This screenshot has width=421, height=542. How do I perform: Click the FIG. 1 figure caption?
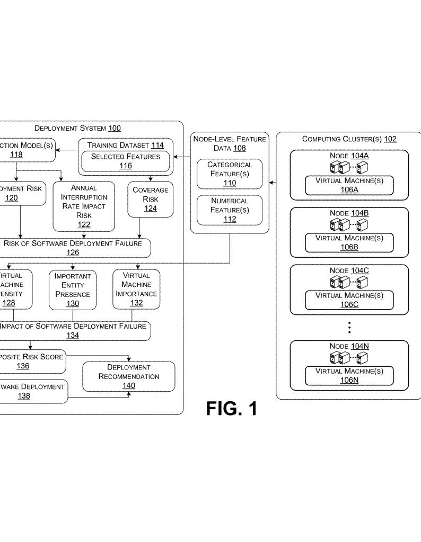tap(231, 408)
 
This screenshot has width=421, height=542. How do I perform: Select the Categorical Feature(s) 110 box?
tap(230, 174)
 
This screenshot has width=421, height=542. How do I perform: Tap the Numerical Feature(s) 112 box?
tap(230, 210)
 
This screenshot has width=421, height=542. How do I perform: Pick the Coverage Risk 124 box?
tap(150, 199)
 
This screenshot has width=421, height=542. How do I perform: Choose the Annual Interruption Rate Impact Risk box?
tap(84, 206)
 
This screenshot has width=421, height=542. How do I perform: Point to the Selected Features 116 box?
tap(126, 161)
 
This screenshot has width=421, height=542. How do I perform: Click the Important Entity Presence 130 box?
tap(73, 290)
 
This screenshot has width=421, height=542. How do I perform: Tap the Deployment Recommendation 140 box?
tap(129, 376)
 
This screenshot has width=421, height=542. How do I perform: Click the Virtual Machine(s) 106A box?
tap(349, 185)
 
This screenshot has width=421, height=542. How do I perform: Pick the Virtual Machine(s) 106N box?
tap(349, 375)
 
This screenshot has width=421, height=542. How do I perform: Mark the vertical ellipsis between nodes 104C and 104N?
tap(349, 328)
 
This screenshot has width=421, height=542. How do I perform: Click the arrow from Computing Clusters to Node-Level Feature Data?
tap(273, 183)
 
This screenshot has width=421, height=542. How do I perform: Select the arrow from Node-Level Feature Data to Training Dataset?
tap(182, 157)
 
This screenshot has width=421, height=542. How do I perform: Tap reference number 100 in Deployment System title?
tap(114, 128)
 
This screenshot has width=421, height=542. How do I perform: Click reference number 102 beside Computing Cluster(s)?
tap(390, 139)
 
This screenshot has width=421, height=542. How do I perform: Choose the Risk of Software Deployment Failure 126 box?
tap(73, 248)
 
